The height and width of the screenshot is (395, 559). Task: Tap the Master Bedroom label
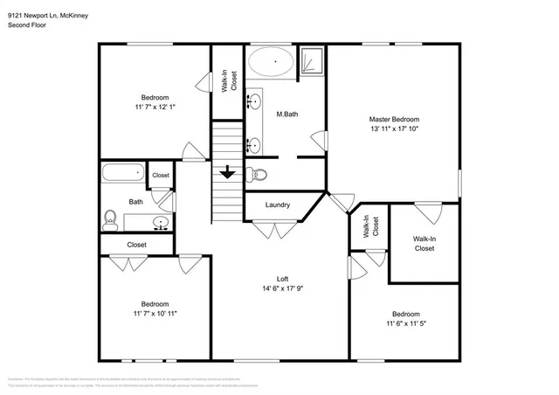(x=394, y=120)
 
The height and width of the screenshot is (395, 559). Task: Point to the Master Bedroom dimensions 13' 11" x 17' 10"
(x=394, y=129)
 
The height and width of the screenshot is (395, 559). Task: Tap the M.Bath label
(x=288, y=114)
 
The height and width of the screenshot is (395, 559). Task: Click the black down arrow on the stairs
(x=227, y=172)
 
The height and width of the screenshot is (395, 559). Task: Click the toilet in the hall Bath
(x=111, y=218)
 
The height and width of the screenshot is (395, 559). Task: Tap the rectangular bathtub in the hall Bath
(x=122, y=173)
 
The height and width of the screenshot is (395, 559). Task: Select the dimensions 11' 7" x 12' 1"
(x=155, y=107)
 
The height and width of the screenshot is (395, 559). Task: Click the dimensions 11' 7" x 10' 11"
(x=155, y=312)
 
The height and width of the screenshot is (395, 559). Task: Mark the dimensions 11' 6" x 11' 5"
(x=404, y=323)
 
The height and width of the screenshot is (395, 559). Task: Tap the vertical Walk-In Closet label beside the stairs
(x=228, y=81)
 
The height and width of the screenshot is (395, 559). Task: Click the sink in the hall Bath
(x=160, y=222)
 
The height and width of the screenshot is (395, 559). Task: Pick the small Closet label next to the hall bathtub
(x=161, y=176)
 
